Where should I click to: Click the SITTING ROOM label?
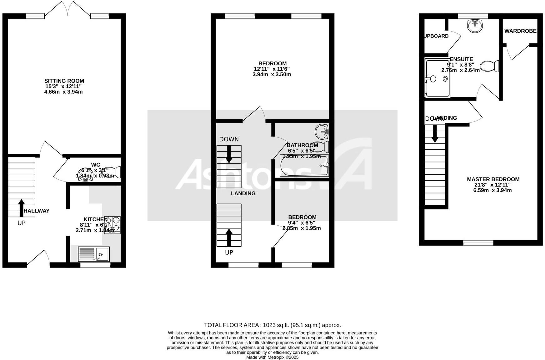pos(64,81)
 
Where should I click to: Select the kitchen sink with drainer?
pos(94,254)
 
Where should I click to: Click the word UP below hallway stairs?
pos(21,223)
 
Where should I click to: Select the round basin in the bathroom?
pos(321,131)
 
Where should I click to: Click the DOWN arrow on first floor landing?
pos(229,154)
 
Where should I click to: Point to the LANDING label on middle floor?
pos(243,193)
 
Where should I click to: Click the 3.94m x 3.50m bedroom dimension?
pos(272,74)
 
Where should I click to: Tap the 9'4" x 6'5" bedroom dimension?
pos(302,223)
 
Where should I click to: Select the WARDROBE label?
pos(520,31)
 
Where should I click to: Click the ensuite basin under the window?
pos(475,26)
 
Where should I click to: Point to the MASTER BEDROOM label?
pos(493,179)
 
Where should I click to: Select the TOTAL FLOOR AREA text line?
pos(272,325)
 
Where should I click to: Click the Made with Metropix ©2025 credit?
pos(272,357)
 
